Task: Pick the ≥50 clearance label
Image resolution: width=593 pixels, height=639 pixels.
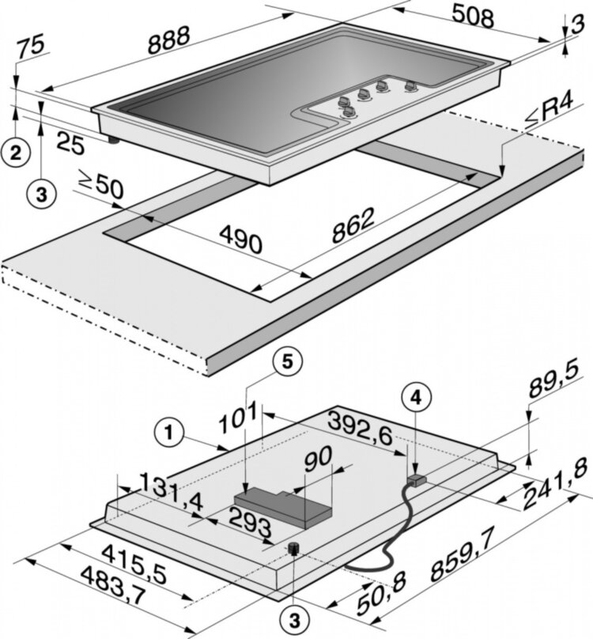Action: coord(102,187)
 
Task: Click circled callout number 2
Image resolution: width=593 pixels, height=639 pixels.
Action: coord(16,149)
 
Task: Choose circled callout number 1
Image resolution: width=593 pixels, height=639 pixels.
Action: coord(168,432)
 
